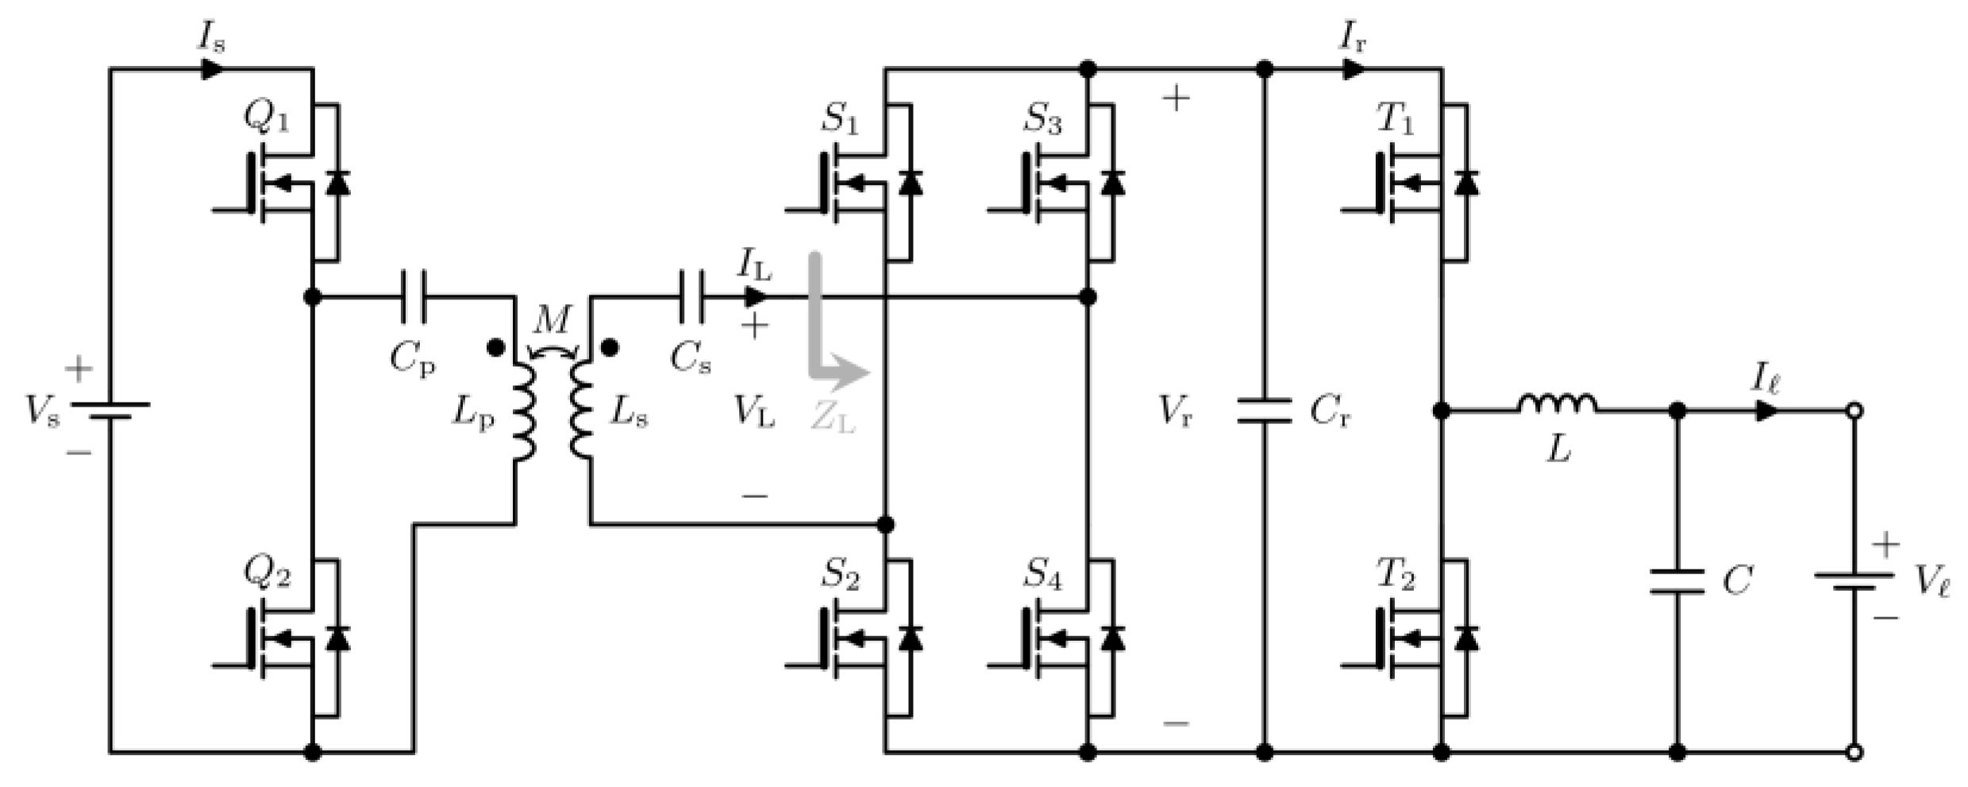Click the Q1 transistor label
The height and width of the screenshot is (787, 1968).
pos(266,119)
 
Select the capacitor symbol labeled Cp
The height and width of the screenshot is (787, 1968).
pos(414,297)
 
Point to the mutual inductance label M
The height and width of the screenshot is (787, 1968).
pos(552,321)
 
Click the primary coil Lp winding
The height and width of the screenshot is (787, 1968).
pos(523,411)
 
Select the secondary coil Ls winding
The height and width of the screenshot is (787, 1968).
pos(582,411)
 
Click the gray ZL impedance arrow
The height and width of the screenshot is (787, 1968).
pos(830,349)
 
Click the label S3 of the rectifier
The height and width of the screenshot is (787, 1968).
pos(1042,119)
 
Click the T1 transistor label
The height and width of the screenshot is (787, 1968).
pos(1395,119)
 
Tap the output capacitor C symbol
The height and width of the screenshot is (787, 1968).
pos(1677,581)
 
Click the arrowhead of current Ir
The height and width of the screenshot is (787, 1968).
pos(1353,69)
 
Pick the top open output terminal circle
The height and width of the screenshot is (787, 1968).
pos(1854,411)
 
